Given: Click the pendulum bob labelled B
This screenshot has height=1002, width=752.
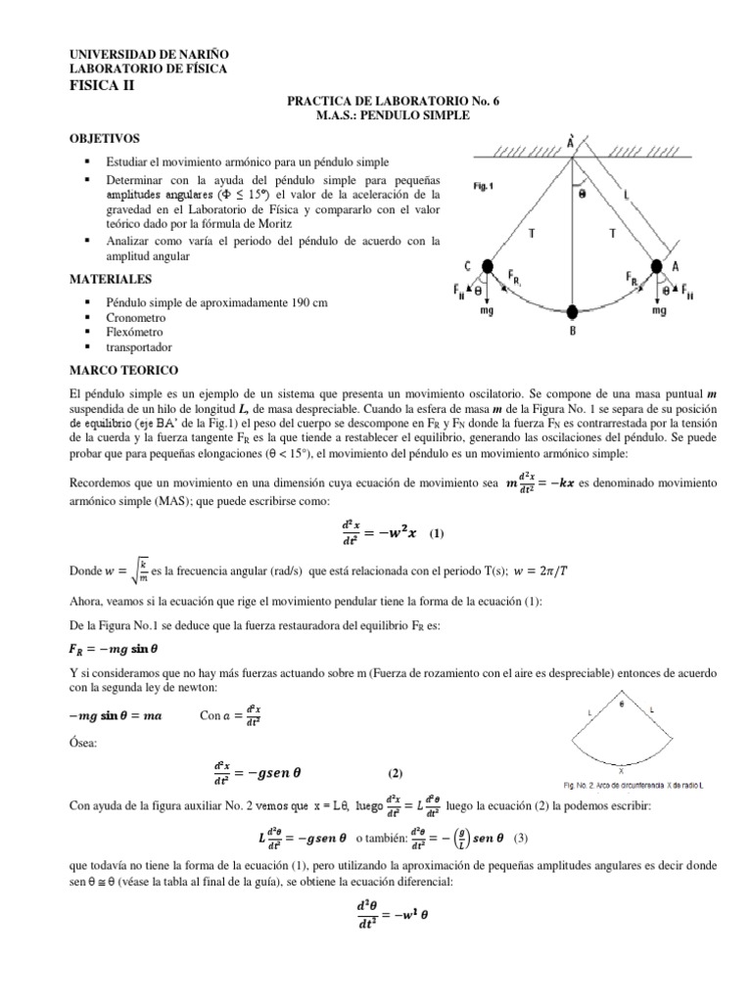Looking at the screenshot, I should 572,313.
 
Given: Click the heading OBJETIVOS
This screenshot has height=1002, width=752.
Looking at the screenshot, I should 105,139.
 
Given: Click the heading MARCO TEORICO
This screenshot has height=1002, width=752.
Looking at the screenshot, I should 122,372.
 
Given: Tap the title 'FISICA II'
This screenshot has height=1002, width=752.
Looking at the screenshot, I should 106,85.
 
